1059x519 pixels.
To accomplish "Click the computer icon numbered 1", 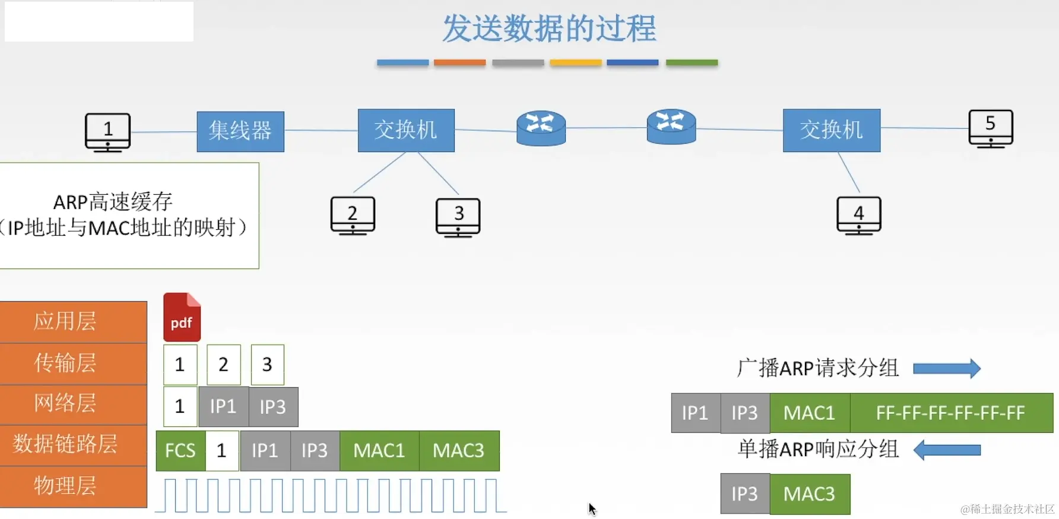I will pyautogui.click(x=107, y=132).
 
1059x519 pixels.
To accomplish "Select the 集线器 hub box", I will pyautogui.click(x=240, y=131).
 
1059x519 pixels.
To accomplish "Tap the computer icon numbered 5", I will pyautogui.click(x=990, y=128).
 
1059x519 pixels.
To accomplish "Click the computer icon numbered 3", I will pyautogui.click(x=458, y=217).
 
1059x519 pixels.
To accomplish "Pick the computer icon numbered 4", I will pyautogui.click(x=858, y=216).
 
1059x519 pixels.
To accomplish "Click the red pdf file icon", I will pyautogui.click(x=182, y=317).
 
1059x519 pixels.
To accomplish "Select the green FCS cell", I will pyautogui.click(x=180, y=451).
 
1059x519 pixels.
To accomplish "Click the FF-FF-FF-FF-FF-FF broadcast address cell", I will pyautogui.click(x=950, y=413).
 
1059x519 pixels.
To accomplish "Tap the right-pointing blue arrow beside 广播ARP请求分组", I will pyautogui.click(x=946, y=368).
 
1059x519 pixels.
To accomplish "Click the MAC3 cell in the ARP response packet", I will pyautogui.click(x=809, y=493).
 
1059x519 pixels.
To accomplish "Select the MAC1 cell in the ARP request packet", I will pyautogui.click(x=809, y=413).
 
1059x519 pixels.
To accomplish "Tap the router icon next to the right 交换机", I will pyautogui.click(x=671, y=126).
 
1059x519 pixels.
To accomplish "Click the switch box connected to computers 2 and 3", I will pyautogui.click(x=406, y=130).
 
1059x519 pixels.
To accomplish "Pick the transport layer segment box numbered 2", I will pyautogui.click(x=223, y=364).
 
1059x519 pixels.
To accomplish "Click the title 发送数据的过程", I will pyautogui.click(x=549, y=29).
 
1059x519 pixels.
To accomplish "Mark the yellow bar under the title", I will pyautogui.click(x=575, y=62).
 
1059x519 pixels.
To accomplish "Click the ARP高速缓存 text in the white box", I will pyautogui.click(x=113, y=202).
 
